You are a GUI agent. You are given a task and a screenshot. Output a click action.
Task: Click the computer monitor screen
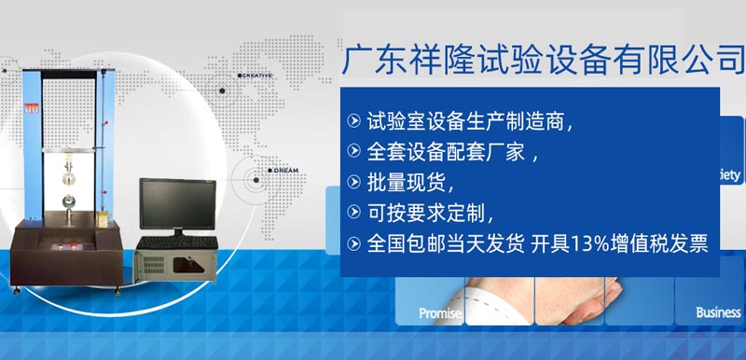(x=177, y=202)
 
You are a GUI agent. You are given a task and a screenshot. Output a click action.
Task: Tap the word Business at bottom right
(x=717, y=313)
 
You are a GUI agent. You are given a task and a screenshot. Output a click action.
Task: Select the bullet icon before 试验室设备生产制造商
(x=353, y=120)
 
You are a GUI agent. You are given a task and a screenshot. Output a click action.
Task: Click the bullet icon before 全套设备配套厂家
(x=353, y=150)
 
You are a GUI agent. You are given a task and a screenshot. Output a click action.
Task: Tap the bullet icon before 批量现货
(x=353, y=181)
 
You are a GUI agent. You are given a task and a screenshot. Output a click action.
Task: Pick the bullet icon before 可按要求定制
(x=353, y=212)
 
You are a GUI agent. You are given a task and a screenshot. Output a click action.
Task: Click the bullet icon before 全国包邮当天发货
(x=353, y=243)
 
